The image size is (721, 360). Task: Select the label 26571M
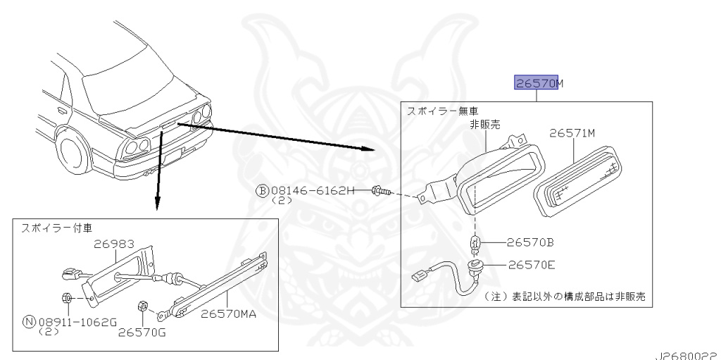tap(572, 133)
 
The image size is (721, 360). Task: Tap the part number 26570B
tap(529, 242)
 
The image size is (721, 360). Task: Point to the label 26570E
tap(532, 265)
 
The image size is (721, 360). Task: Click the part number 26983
tap(115, 244)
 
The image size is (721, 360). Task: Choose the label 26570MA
tap(229, 314)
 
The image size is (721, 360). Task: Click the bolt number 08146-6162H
tap(313, 190)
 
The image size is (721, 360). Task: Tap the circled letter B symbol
tap(262, 191)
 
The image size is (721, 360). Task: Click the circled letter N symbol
tap(30, 322)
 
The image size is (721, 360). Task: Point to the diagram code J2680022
tap(688, 356)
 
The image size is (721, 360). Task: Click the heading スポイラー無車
tap(442, 111)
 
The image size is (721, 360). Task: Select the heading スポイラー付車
tap(56, 228)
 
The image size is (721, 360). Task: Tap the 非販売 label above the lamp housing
tap(484, 124)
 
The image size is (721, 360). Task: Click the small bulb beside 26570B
tap(474, 242)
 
